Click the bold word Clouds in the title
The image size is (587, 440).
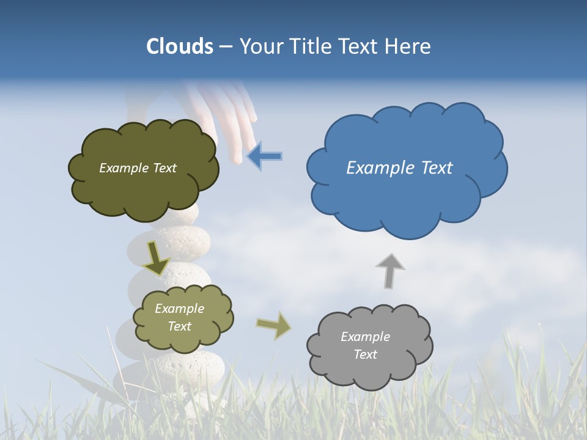(x=180, y=46)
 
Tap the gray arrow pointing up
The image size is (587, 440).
(x=390, y=271)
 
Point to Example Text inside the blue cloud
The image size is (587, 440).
(x=399, y=168)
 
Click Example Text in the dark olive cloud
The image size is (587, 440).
(x=138, y=168)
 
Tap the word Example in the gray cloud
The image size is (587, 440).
(x=365, y=337)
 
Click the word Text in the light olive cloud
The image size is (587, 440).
(x=180, y=326)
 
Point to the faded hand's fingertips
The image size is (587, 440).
(x=238, y=153)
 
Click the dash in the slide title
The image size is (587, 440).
(x=226, y=47)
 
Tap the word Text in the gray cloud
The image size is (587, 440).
(x=365, y=354)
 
